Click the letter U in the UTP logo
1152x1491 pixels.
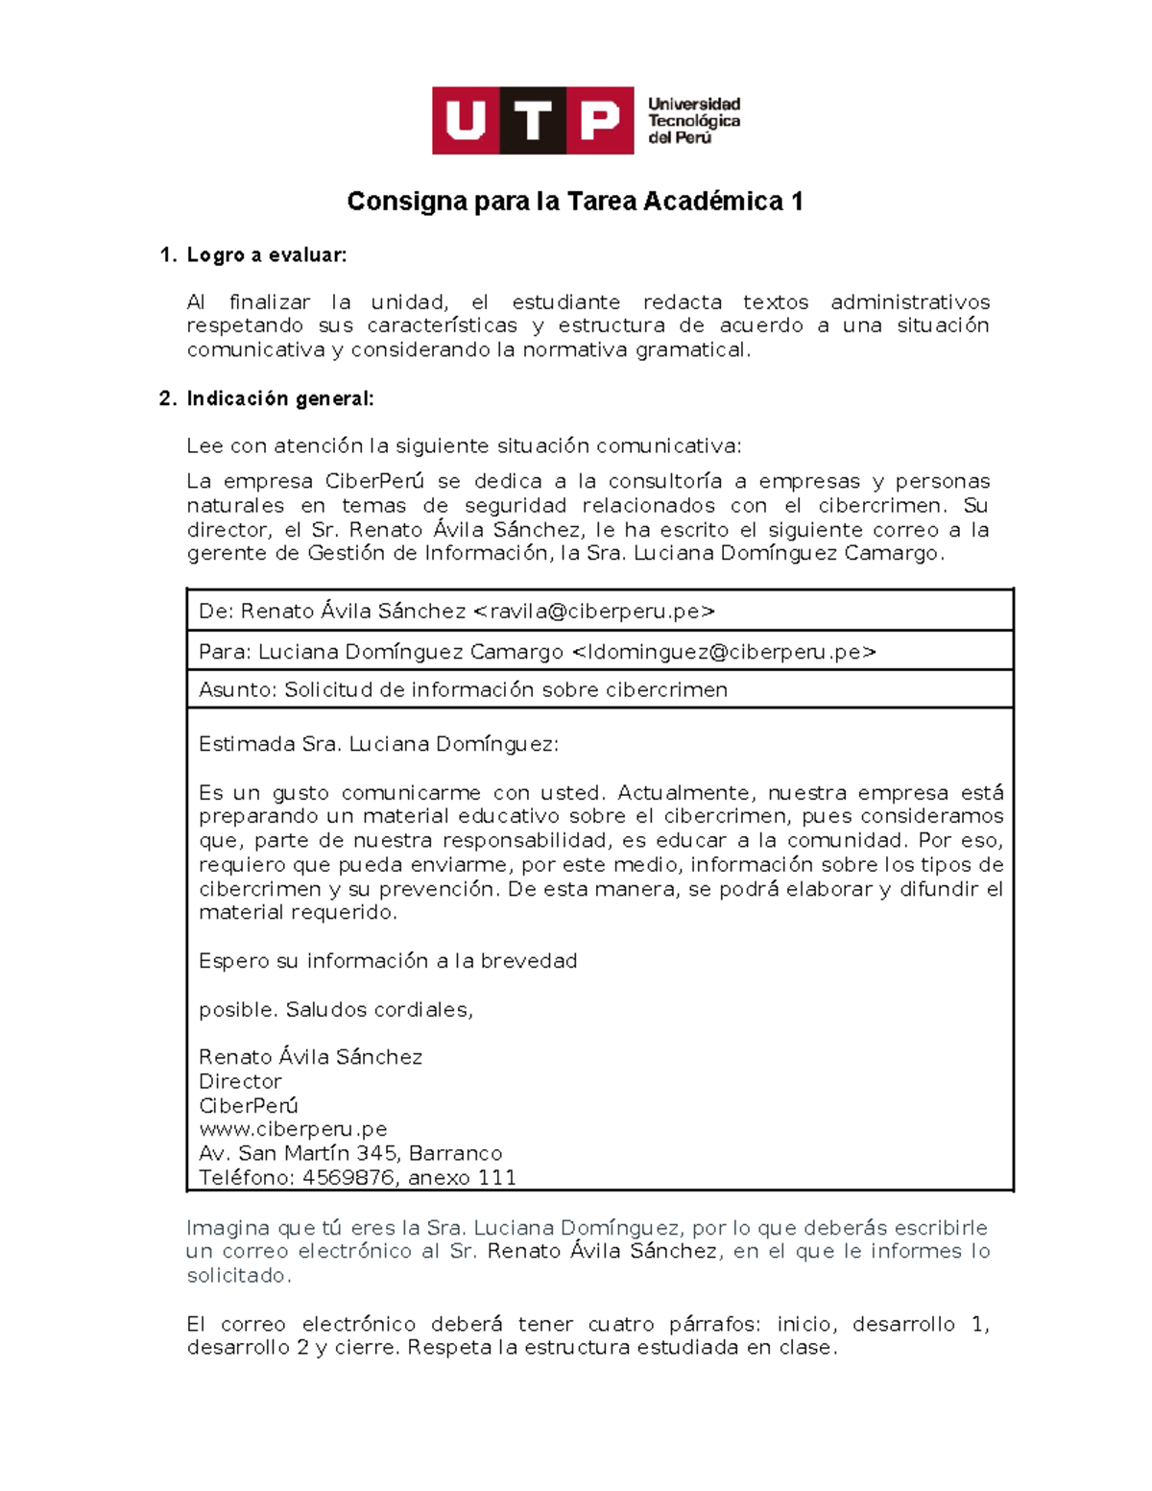pos(466,121)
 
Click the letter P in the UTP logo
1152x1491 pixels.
pos(600,121)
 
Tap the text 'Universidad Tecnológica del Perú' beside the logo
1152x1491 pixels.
pos(693,121)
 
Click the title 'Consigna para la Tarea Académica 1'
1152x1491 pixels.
pos(574,202)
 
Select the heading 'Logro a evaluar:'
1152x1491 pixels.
pos(266,255)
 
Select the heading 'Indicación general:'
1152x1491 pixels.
pos(279,398)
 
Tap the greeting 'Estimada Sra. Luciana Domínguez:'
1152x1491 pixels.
pos(378,744)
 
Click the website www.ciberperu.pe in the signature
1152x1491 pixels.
pos(293,1129)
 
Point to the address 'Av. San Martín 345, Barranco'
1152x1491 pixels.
pos(350,1153)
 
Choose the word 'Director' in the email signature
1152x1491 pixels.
pos(240,1081)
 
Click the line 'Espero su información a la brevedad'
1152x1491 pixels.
pos(388,961)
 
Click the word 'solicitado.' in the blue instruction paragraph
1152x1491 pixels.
pos(238,1276)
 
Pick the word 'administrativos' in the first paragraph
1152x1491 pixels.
pos(909,302)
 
